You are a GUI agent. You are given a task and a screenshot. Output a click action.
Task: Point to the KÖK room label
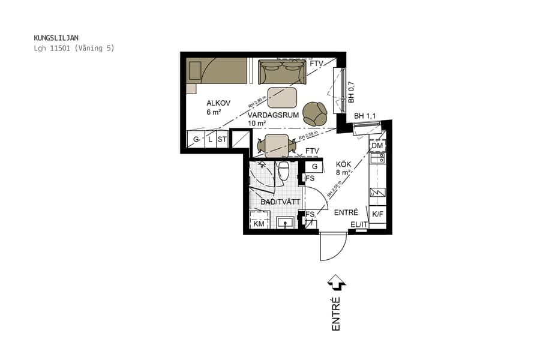coord(343,163)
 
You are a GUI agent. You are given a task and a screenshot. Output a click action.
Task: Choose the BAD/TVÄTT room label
coord(280,203)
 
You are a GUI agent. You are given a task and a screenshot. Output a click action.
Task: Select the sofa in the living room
coord(281,73)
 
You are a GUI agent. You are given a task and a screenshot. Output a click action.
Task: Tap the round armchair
coord(314,113)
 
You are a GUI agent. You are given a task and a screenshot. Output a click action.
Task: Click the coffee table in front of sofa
coord(282,97)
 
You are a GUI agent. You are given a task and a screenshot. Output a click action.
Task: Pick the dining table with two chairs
coord(277,145)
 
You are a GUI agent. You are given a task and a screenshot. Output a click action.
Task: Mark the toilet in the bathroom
coord(284,172)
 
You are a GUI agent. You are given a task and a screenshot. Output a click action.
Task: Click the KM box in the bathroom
coord(259,224)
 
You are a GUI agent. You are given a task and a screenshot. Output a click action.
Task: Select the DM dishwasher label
coord(377,146)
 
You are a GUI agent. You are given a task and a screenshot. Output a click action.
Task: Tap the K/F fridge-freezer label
coord(377,214)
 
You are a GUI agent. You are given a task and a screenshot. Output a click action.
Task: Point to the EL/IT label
coord(359,225)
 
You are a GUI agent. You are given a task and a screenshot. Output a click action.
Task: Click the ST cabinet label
coord(222,140)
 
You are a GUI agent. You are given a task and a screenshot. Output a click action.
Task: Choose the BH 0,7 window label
coord(352,91)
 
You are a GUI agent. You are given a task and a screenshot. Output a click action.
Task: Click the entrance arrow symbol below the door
coord(336,281)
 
